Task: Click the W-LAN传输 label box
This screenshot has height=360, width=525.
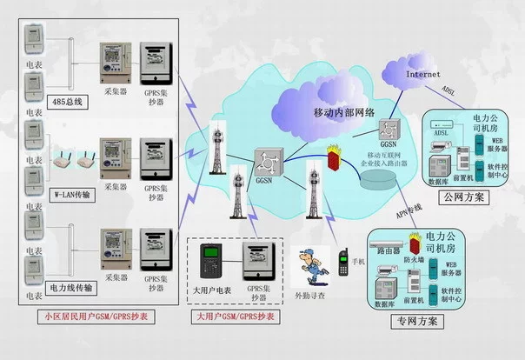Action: click(x=73, y=193)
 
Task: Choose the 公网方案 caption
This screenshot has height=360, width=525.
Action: click(x=464, y=198)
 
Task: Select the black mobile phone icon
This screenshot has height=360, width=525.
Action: click(x=344, y=263)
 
